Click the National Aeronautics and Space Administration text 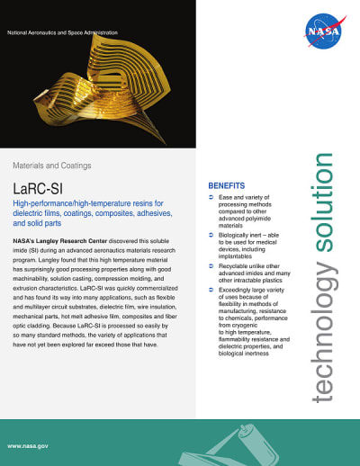(62, 32)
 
